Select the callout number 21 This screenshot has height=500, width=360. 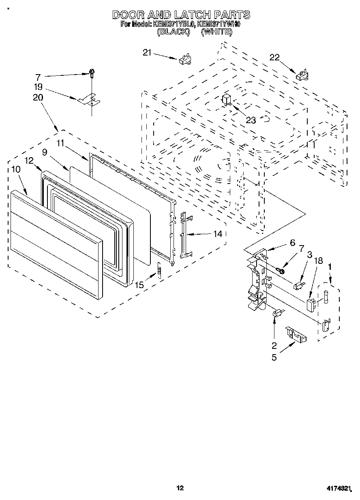[x=147, y=52]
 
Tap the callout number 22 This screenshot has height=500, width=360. [x=275, y=58]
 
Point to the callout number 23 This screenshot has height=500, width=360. [x=251, y=120]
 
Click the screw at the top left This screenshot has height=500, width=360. [x=92, y=73]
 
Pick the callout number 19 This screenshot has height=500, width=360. [x=38, y=86]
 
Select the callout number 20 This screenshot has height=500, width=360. [x=38, y=97]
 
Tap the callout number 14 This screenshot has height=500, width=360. [x=218, y=233]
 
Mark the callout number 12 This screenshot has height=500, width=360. [x=28, y=160]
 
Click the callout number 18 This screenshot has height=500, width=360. [x=319, y=261]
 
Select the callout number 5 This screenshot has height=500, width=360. [x=274, y=358]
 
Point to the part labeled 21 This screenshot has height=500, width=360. [x=184, y=59]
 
